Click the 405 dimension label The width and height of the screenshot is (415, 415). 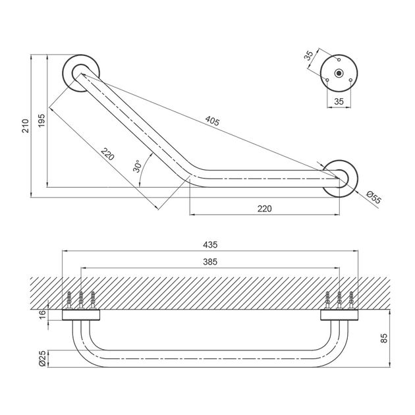click(212, 121)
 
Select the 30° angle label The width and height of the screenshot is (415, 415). click(138, 166)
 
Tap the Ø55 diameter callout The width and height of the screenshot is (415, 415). click(373, 198)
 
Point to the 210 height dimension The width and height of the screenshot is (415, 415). click(25, 126)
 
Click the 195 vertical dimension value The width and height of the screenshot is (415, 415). click(41, 121)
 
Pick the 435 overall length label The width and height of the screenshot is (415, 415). click(210, 244)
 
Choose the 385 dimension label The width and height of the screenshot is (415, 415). click(210, 262)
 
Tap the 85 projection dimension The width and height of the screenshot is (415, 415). click(384, 338)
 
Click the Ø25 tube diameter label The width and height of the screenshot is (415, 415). click(42, 358)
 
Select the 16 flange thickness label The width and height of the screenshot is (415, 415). click(42, 314)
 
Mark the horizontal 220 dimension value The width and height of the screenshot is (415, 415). click(264, 209)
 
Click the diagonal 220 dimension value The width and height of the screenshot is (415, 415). click(107, 154)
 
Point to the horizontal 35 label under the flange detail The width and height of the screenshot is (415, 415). click(339, 101)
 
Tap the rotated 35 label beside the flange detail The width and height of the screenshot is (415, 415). click(308, 55)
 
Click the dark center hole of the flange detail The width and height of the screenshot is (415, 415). click(339, 73)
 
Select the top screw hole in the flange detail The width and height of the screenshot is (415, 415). click(339, 59)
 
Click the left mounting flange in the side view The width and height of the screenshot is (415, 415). click(81, 315)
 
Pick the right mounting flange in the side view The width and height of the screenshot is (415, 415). click(339, 315)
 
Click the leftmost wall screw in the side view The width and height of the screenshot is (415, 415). click(69, 300)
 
